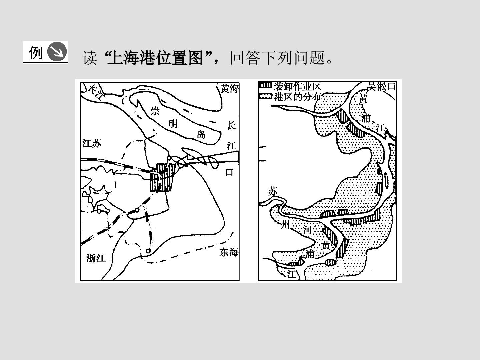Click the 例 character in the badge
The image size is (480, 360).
[36, 53]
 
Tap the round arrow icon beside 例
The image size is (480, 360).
[57, 52]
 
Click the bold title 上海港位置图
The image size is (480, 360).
[155, 58]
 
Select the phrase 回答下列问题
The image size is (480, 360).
[278, 58]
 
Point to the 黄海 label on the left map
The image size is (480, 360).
[229, 89]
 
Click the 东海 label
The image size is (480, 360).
[229, 252]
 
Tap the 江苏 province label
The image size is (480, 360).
[92, 144]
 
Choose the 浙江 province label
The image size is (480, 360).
[96, 258]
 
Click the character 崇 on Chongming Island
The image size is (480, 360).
[155, 111]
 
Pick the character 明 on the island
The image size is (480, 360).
[173, 124]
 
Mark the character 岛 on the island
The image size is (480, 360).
[201, 134]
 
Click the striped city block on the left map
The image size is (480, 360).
[163, 177]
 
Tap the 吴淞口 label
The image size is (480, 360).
[382, 86]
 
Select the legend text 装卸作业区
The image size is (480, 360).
[297, 87]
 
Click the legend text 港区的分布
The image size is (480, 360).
[298, 97]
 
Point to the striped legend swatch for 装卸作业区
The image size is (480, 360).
[265, 85]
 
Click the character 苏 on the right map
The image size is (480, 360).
[273, 191]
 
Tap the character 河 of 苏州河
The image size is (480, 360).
[307, 229]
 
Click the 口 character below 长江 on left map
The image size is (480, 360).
[229, 172]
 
